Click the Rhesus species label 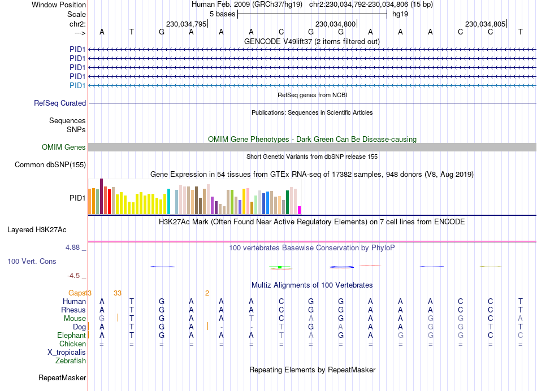pyautogui.click(x=73, y=310)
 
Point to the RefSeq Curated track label pyautogui.click(x=60, y=103)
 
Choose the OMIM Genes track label pyautogui.click(x=64, y=147)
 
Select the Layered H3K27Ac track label pyautogui.click(x=37, y=230)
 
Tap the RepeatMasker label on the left pyautogui.click(x=62, y=377)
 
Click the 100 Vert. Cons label pyautogui.click(x=32, y=262)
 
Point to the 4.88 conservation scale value pyautogui.click(x=75, y=247)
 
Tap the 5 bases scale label pyautogui.click(x=222, y=14)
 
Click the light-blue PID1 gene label pyautogui.click(x=77, y=85)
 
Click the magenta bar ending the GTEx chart pyautogui.click(x=300, y=210)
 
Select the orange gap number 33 pyautogui.click(x=118, y=293)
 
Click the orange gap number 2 pyautogui.click(x=207, y=293)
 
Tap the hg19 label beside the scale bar pyautogui.click(x=400, y=14)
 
